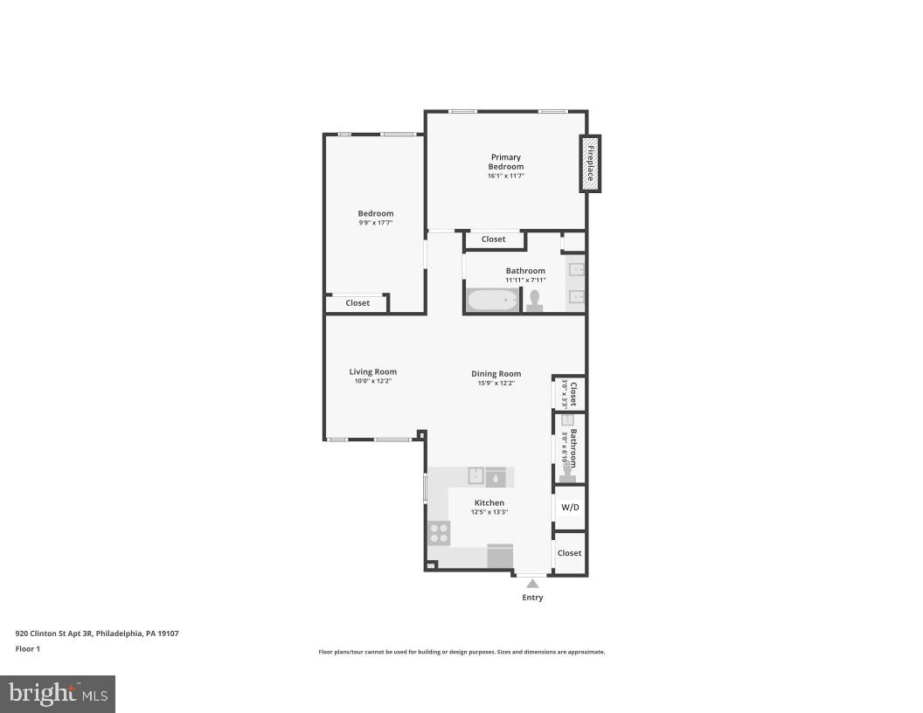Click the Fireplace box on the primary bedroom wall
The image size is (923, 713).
pos(591,163)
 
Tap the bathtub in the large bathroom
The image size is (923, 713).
pos(493,300)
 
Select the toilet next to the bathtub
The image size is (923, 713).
pos(534,301)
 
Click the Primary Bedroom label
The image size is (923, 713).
pos(506,162)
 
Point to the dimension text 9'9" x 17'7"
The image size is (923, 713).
pos(376,223)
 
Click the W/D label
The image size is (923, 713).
pos(570,507)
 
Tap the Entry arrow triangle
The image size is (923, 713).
pos(532,583)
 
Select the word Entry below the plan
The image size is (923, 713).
pos(532,598)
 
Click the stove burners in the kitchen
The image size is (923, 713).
pos(439,532)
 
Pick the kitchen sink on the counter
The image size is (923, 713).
pos(477,476)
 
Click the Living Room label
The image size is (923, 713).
pos(373,371)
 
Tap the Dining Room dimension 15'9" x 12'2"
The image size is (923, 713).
pos(496,383)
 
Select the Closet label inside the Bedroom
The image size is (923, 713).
pos(357,303)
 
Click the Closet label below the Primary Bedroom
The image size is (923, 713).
pos(493,239)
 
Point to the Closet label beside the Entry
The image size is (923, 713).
pos(570,553)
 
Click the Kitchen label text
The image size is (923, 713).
pos(489,502)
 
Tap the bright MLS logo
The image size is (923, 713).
pos(58,694)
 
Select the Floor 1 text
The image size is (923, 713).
pos(28,648)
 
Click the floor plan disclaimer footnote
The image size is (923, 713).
pos(461,652)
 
